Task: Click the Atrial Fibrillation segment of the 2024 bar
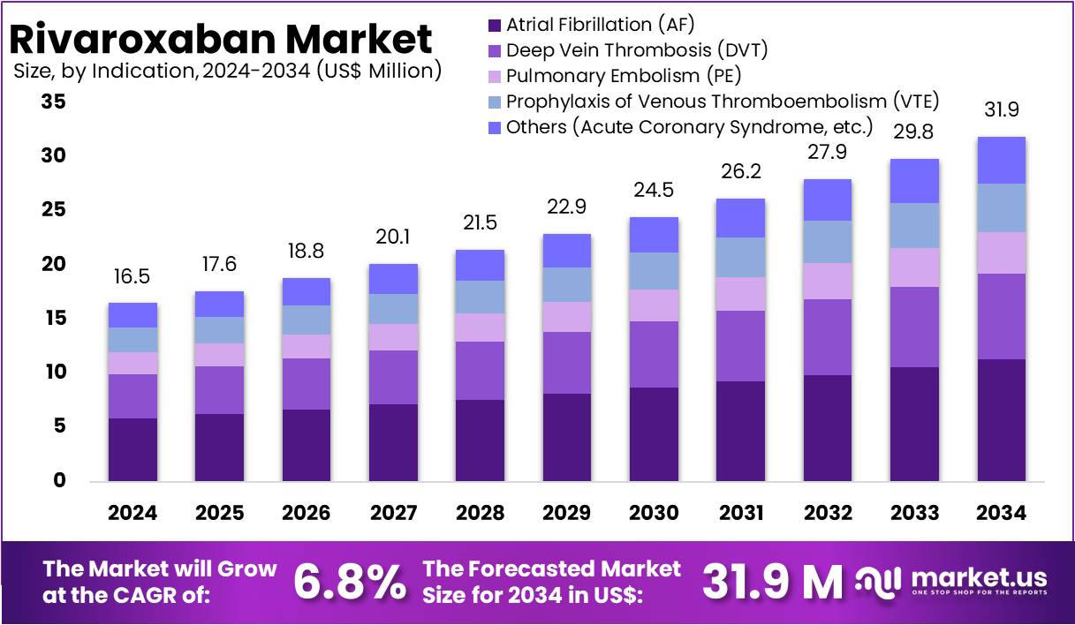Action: click(132, 449)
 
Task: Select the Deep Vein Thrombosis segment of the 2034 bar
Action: click(1002, 316)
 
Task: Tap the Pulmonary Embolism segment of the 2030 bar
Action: click(654, 305)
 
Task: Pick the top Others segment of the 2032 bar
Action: click(828, 200)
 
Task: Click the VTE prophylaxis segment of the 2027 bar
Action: click(393, 309)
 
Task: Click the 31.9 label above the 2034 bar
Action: click(1002, 110)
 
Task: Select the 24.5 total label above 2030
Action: click(654, 191)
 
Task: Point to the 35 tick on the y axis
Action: click(54, 102)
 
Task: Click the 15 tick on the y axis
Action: click(54, 319)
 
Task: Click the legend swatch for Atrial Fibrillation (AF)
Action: click(494, 25)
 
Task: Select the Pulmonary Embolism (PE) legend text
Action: click(623, 76)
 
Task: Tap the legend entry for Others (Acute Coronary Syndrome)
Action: click(689, 127)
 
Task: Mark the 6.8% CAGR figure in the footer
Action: click(349, 582)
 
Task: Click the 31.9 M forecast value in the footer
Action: click(772, 582)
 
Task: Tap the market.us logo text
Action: click(978, 578)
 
